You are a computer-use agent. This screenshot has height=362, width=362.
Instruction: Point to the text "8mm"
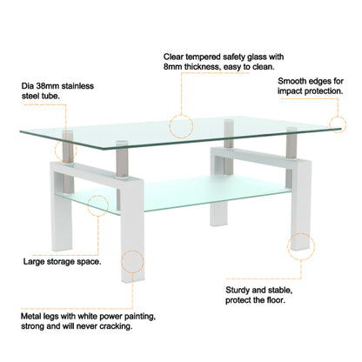click(x=174, y=68)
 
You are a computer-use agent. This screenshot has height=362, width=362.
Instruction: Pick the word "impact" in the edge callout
click(x=293, y=92)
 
